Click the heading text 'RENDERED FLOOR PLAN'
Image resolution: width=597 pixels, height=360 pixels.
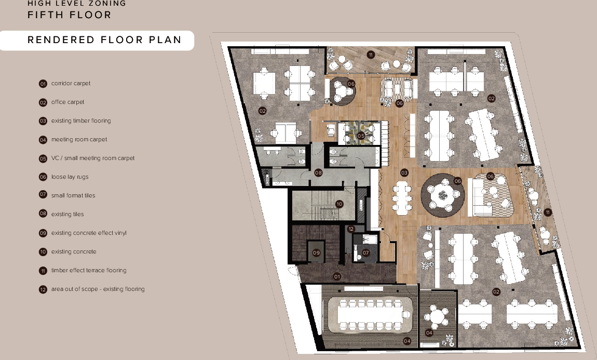point(104,40)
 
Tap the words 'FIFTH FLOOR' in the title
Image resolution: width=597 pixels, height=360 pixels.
point(69,15)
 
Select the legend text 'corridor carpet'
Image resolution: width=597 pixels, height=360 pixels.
point(71,84)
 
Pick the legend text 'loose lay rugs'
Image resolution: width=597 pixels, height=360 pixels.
point(70,177)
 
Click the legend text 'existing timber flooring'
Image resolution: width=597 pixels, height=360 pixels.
point(81,121)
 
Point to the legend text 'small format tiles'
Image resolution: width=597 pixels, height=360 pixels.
point(73,195)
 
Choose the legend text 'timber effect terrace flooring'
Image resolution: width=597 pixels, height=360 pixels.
point(89,271)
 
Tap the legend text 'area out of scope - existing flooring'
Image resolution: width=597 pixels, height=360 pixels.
point(98,289)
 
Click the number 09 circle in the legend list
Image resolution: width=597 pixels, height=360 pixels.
point(43,233)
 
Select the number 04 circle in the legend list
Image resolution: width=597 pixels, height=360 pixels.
point(43,140)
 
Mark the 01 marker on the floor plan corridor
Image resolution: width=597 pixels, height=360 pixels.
point(337,276)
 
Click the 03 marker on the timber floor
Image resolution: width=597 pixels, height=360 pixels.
point(404,172)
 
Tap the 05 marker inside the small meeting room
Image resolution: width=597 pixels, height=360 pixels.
point(361,136)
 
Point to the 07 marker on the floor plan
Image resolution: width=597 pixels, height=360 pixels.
point(366,252)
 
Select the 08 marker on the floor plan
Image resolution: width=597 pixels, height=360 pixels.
point(318,172)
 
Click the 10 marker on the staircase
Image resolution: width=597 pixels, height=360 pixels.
point(339,204)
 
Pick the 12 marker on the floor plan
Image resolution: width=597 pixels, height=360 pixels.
point(351,229)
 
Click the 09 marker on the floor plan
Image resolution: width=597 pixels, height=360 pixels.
point(316,252)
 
